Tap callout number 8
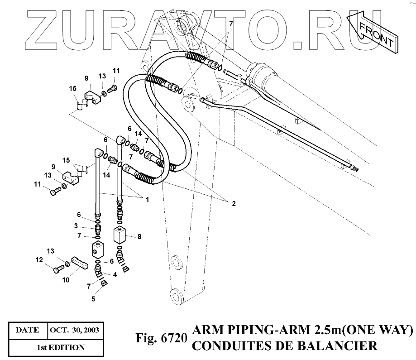(x=139, y=236)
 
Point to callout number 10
(x=66, y=280)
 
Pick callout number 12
(x=39, y=260)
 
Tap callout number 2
(x=234, y=204)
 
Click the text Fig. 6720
(x=161, y=338)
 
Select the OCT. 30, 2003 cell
(x=75, y=330)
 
